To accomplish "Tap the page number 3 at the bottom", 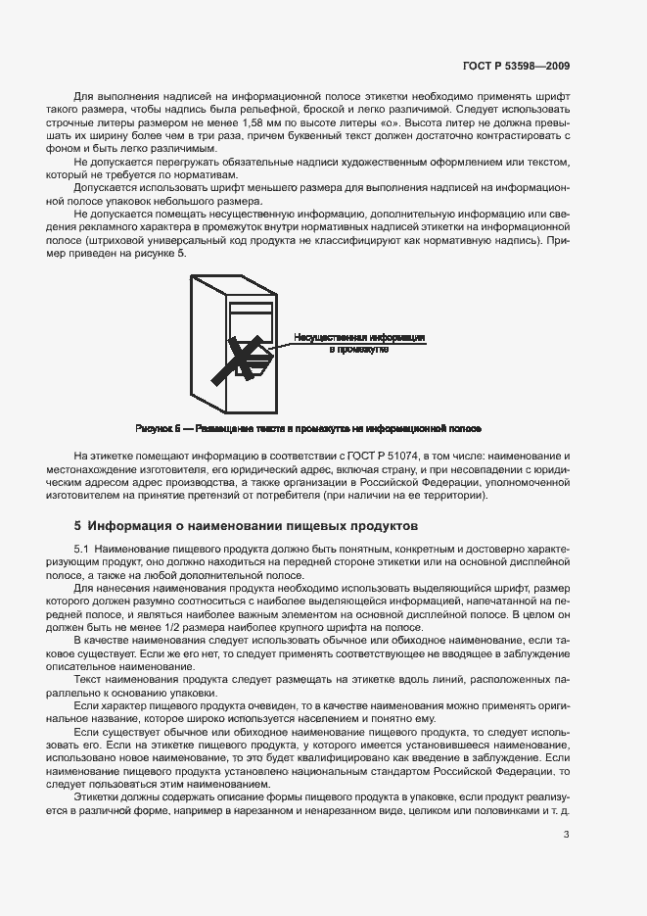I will click(567, 834).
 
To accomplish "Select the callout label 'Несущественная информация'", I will click(358, 337).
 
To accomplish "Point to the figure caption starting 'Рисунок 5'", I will click(307, 429).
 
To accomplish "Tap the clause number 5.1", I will click(81, 550).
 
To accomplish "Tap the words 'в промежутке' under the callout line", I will click(358, 349).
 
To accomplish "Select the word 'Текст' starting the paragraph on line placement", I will click(87, 677).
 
